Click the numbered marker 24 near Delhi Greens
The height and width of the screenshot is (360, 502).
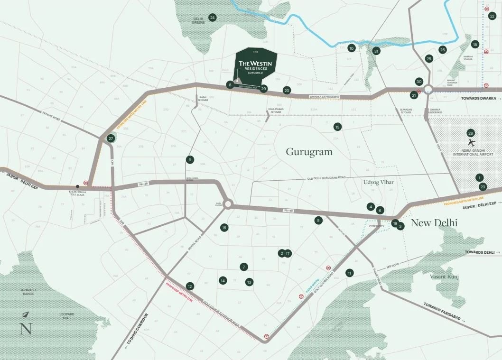pos(213,18)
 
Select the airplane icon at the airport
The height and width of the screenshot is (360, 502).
pos(471,143)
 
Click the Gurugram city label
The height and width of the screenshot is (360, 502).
pos(309,152)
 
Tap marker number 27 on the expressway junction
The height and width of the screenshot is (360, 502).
pos(111,138)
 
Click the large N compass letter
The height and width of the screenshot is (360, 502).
pos(26,328)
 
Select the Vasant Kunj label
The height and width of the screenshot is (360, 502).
pos(445,276)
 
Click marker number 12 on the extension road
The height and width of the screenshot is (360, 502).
pos(190,286)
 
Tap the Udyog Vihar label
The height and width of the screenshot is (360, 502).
pos(379,182)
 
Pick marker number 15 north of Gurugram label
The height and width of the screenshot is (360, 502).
pos(337,127)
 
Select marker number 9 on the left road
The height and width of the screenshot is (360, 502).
pos(190,159)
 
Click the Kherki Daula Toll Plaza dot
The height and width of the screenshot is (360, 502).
pos(78,186)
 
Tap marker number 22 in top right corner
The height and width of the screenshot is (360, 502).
pos(492,16)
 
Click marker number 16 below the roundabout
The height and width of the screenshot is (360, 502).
pos(224,228)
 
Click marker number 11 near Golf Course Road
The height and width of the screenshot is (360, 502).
pos(350,273)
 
